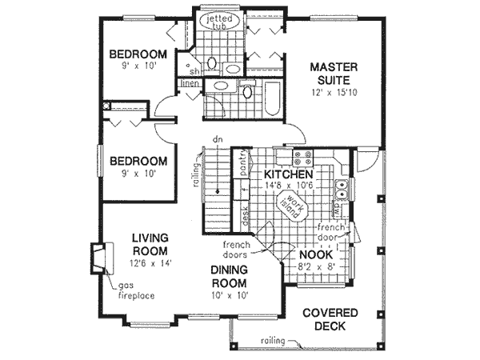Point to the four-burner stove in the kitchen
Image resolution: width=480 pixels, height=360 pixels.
pos(302,158)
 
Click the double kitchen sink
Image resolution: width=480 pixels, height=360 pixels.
pos(342,190)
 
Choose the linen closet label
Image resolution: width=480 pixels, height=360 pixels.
pos(190,83)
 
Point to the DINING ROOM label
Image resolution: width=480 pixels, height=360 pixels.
pos(230,277)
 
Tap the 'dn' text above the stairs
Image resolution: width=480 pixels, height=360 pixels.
pos(216,140)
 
